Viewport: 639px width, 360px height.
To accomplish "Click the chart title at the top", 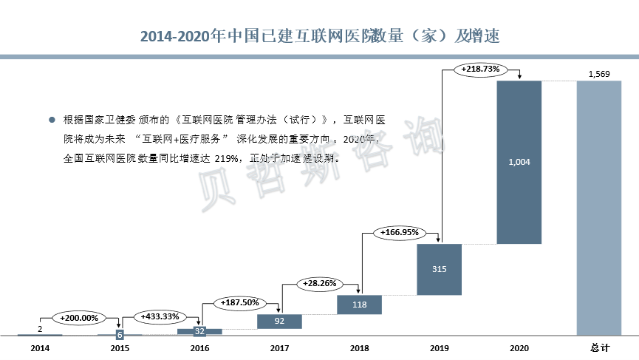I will pos(319,35).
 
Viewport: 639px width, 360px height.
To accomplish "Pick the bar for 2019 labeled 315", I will pos(440,269).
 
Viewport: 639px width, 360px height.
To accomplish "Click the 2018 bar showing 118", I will pos(359,304).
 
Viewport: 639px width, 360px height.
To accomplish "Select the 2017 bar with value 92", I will pos(279,322).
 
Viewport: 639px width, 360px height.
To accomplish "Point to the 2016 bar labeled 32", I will pos(199,331).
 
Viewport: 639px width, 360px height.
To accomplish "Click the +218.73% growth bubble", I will pos(480,69).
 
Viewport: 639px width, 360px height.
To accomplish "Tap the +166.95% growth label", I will pos(400,232).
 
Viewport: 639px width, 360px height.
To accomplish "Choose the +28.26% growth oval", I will pos(320,282).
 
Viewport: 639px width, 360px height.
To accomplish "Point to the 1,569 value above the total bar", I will pos(599,73).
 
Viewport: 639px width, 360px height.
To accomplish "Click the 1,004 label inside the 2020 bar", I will pos(519,162).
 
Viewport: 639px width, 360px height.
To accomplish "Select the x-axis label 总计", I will pos(599,347).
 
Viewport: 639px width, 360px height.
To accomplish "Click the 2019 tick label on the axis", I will pos(440,347).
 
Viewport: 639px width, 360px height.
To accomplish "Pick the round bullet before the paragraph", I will pos(52,119).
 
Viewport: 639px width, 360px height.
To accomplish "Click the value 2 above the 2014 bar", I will pos(40,328).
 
